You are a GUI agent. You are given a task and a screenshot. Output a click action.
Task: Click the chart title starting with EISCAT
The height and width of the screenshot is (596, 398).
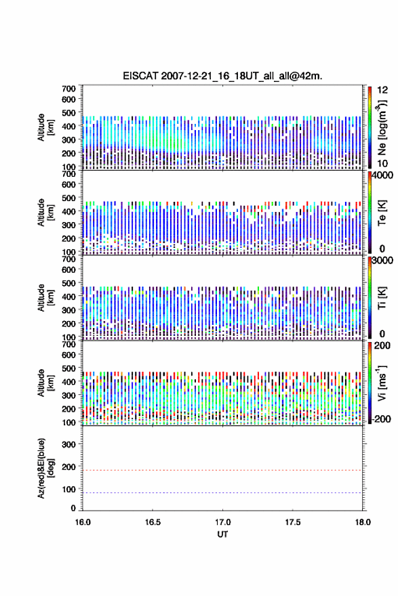[222, 76]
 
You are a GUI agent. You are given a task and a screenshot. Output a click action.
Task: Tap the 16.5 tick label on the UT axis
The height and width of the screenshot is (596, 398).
[153, 522]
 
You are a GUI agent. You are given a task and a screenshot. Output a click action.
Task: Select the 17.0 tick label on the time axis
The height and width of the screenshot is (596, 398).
[222, 522]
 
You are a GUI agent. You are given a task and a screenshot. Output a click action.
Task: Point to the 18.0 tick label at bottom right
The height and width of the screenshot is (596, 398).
[363, 522]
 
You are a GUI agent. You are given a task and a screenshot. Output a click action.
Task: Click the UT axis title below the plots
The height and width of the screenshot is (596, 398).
[222, 534]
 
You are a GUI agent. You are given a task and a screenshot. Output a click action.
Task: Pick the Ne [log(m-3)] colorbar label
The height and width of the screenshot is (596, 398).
[382, 128]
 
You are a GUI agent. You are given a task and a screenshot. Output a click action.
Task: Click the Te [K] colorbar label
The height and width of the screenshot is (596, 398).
[382, 213]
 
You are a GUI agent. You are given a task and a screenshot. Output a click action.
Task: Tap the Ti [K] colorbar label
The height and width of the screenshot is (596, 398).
[382, 298]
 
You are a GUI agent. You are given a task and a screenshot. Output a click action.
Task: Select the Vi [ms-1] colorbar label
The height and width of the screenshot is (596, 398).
[382, 383]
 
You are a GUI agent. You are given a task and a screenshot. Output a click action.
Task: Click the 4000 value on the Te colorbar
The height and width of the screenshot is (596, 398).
[382, 175]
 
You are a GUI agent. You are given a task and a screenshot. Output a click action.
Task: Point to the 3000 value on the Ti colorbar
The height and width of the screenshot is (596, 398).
[382, 261]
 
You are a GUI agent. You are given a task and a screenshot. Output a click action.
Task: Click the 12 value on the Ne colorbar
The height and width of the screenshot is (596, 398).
[382, 90]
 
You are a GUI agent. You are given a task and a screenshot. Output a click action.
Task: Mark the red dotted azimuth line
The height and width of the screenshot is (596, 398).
[222, 470]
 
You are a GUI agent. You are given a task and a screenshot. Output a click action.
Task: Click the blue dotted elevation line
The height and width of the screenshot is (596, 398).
[222, 492]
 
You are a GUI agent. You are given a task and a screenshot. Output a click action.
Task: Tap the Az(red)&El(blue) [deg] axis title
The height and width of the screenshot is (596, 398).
[45, 468]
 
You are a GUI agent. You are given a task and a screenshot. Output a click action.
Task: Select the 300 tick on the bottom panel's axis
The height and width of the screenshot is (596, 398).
[68, 444]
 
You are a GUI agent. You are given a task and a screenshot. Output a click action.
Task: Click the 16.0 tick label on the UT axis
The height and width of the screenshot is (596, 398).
[83, 522]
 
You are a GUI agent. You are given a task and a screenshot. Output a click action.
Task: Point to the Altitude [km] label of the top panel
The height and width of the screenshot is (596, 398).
[45, 128]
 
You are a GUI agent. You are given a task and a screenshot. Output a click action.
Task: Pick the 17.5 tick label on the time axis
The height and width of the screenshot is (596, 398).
[293, 522]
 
